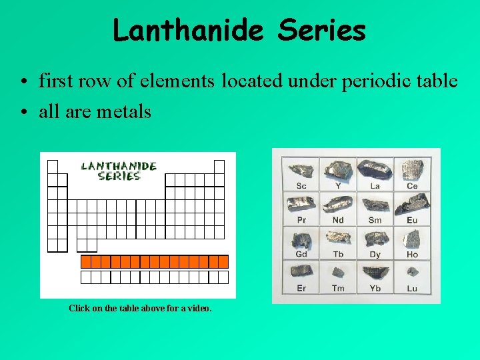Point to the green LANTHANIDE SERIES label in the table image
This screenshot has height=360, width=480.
coord(119,171)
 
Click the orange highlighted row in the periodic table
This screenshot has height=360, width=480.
coord(154,261)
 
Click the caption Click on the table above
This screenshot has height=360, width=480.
coord(140,309)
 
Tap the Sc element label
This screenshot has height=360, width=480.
coord(301,186)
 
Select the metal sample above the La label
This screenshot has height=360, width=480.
coord(375,169)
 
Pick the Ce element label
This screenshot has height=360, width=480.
coord(412,186)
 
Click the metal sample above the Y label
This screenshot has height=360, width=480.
coord(338,169)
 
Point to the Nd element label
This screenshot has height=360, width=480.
coord(338,220)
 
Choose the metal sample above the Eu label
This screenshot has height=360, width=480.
coord(412,204)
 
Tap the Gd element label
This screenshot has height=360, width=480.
coord(301,254)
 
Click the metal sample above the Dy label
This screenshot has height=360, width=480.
coord(375,238)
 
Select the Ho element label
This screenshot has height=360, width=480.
coord(412,254)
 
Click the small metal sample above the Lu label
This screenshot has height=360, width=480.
coord(412,271)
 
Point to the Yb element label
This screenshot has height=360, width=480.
coord(375,288)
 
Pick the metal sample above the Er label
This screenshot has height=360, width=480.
coord(301,271)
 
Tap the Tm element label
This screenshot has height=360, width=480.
coord(338,288)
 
